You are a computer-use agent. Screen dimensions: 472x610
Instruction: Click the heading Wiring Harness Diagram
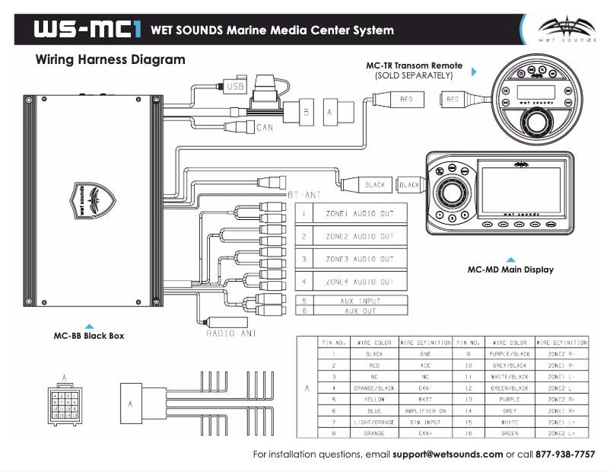[110, 59]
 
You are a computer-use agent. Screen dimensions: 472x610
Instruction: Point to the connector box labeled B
[307, 111]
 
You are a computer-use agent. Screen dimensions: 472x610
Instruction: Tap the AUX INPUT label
[361, 301]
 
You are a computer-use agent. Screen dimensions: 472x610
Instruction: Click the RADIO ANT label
[232, 333]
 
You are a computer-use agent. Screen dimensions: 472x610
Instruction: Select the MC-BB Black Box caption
[88, 336]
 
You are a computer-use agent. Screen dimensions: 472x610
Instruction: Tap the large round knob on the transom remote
[535, 123]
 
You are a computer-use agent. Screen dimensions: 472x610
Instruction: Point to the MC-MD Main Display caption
[510, 269]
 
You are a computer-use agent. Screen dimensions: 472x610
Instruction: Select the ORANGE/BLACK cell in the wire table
[373, 387]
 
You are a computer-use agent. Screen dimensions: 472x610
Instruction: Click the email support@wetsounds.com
[448, 454]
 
